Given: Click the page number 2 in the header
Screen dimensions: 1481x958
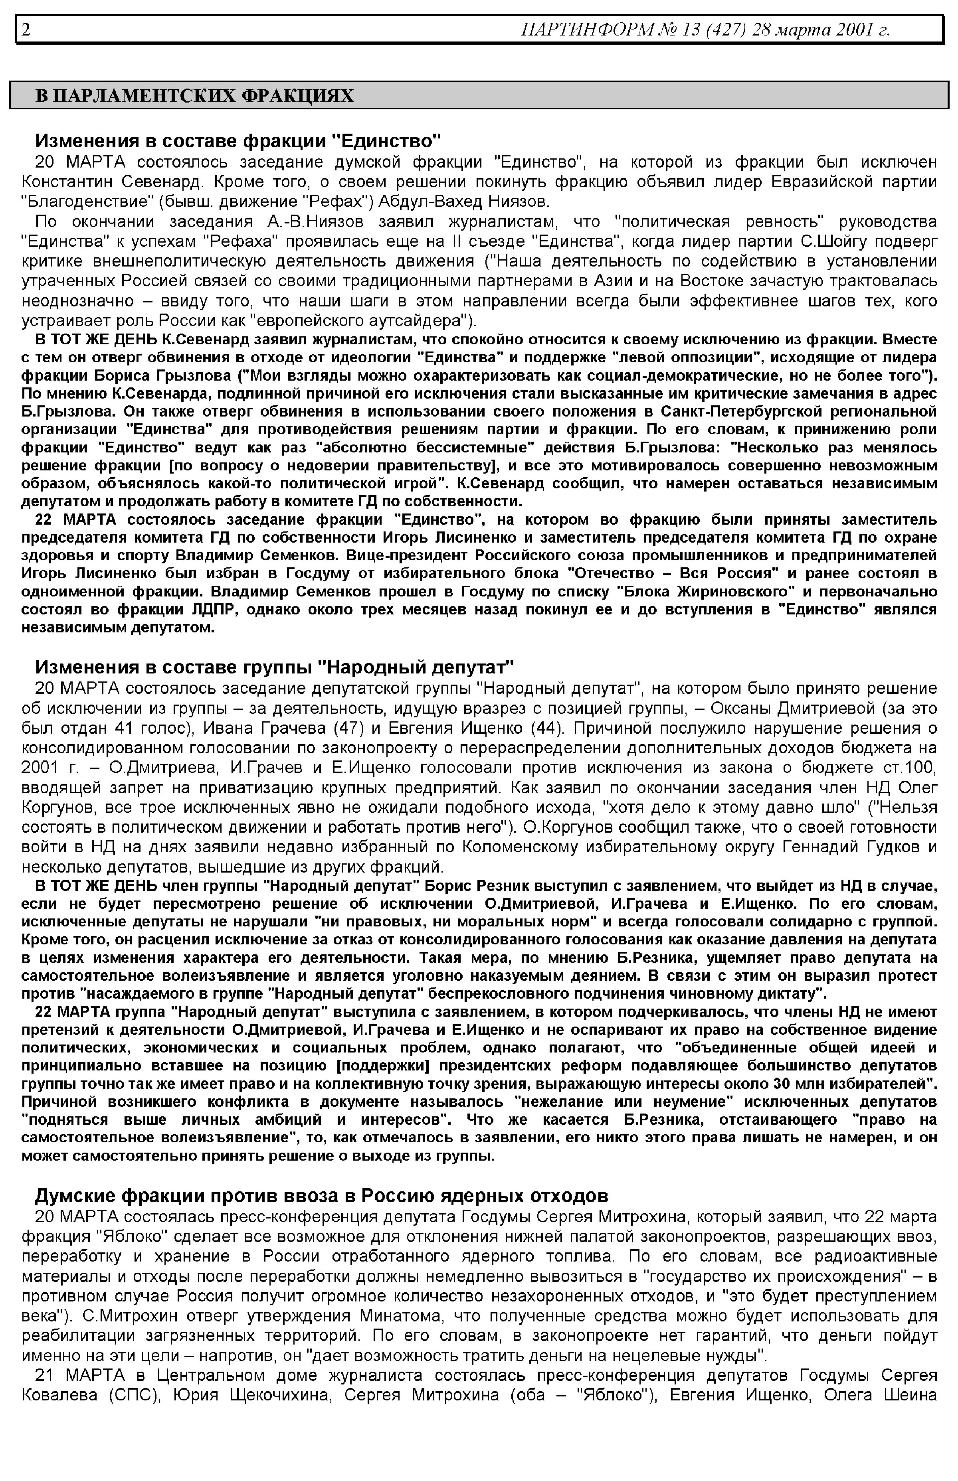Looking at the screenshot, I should (26, 29).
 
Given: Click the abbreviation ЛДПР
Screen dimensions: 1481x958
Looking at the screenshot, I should (210, 609).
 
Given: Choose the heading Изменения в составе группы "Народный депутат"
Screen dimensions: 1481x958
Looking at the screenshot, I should (274, 667).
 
